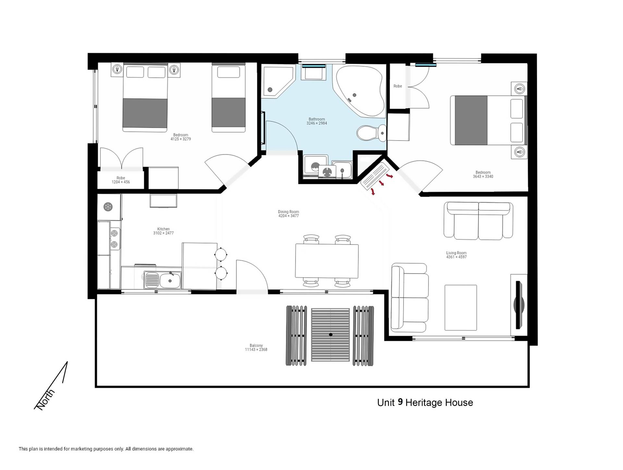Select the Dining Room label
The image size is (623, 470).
pos(288,212)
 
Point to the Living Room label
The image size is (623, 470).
pos(456,253)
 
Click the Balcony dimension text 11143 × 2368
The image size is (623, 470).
pos(256,350)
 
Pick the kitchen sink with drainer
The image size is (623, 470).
pos(163,280)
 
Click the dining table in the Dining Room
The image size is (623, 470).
pos(327,261)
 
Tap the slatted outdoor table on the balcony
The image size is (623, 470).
pos(330,335)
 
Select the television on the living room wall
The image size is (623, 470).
pos(519,305)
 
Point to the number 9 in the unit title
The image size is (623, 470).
pos(400,402)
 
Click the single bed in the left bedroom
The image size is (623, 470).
pos(228,97)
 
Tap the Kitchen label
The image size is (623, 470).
pos(164,229)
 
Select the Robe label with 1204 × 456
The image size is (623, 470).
pos(121,180)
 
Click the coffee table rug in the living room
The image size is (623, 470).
pos(461,308)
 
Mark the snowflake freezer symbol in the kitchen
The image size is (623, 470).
pos(108,206)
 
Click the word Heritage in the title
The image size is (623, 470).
pos(424,403)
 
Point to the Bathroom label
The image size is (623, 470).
pos(317,119)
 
